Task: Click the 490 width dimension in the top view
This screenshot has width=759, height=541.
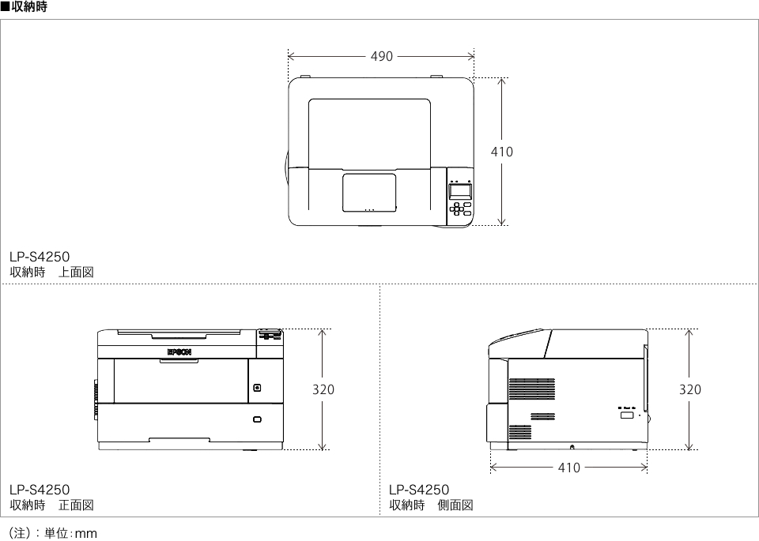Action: point(381,57)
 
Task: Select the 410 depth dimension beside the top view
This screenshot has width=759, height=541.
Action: point(502,152)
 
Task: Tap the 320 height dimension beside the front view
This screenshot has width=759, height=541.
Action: point(323,389)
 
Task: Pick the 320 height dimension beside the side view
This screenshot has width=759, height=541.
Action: point(689,389)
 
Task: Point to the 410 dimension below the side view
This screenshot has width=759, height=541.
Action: point(568,468)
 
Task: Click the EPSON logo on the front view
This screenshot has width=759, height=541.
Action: point(179,352)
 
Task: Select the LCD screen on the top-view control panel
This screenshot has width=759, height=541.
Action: point(460,190)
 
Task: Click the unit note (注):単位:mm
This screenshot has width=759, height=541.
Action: point(53,533)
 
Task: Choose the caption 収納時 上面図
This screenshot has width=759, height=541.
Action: point(52,272)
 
